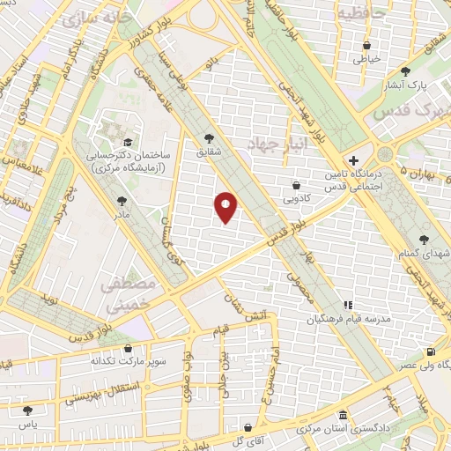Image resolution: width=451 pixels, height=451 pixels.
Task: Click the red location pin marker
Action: pos(225,207)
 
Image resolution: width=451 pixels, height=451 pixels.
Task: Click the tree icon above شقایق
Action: pos(209,137)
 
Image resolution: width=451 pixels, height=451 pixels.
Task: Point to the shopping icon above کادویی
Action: pos(295,186)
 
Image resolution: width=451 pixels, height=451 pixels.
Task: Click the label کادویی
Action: pos(295,199)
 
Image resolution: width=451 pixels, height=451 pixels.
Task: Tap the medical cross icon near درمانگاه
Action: pos(353,161)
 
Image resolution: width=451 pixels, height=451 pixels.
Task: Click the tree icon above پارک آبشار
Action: pos(405,72)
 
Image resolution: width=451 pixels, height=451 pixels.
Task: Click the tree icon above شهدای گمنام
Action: pos(425,240)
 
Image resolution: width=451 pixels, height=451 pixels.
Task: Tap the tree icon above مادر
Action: pos(121,202)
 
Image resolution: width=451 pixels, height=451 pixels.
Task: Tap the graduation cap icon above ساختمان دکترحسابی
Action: pos(128,142)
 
